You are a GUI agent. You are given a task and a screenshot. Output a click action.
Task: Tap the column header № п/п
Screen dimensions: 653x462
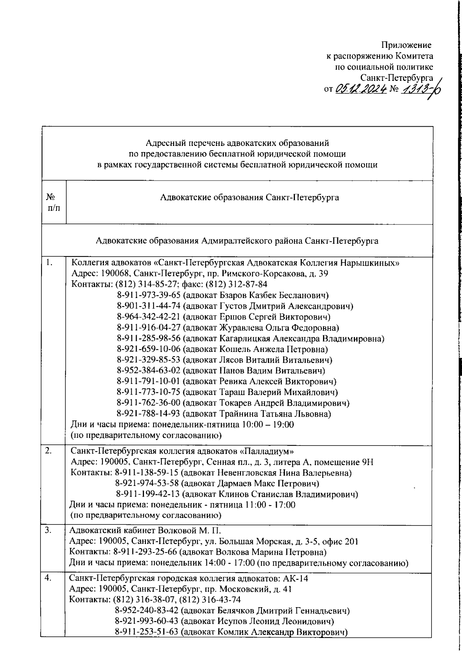pyautogui.click(x=54, y=202)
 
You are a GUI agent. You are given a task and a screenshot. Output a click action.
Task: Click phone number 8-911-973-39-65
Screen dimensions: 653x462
pyautogui.click(x=148, y=295)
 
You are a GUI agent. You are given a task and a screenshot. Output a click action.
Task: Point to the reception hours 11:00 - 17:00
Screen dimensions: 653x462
pyautogui.click(x=270, y=505)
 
